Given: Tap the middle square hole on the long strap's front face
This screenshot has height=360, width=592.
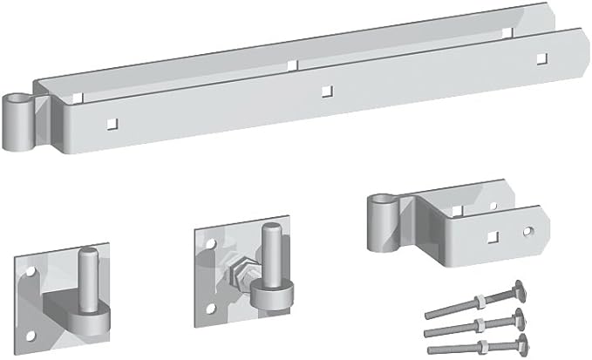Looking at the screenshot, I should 326,89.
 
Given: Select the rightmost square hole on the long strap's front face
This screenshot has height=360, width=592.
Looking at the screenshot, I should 541,58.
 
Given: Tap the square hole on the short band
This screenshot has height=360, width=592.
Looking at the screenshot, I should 493,236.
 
